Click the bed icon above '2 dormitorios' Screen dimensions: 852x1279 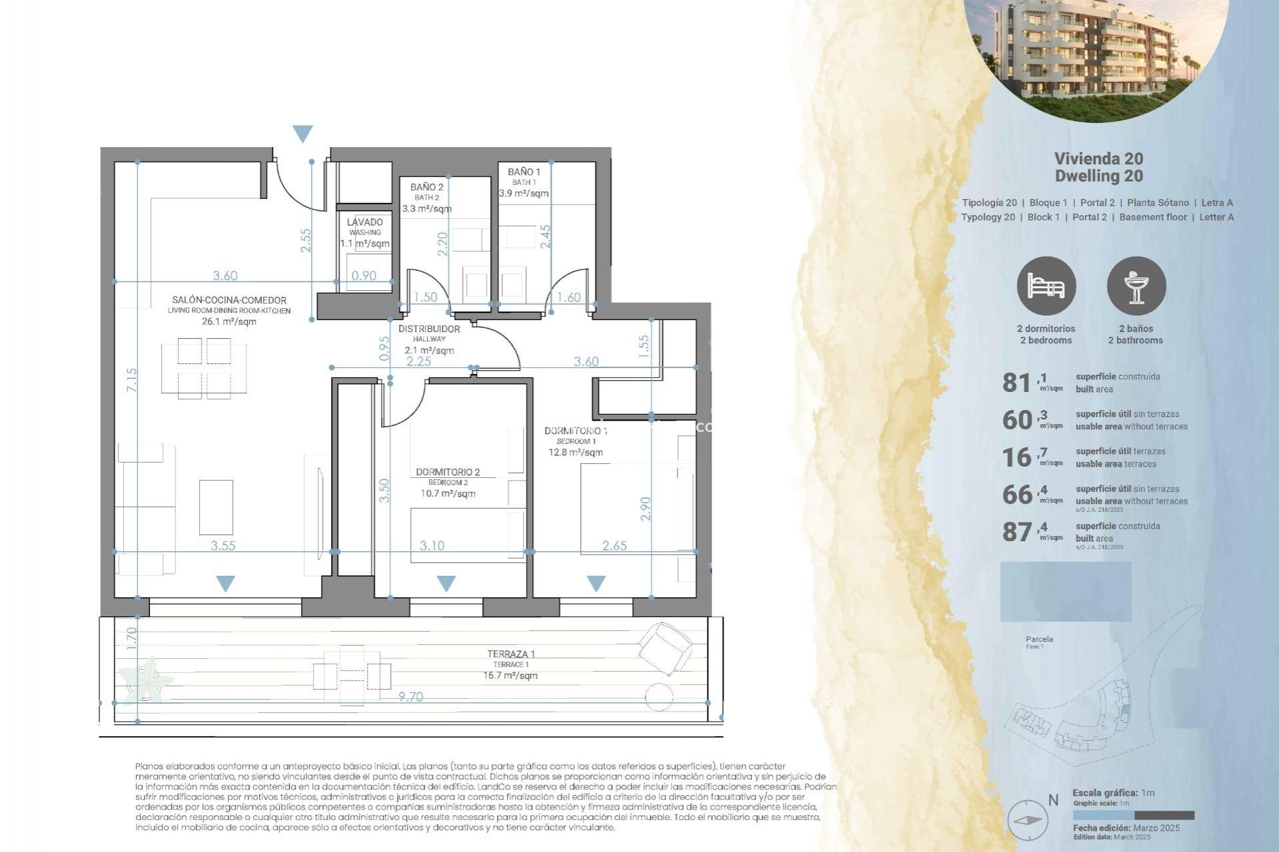pyautogui.click(x=1046, y=286)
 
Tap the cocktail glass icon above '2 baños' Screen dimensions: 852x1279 pyautogui.click(x=1136, y=286)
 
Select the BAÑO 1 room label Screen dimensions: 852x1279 pyautogui.click(x=524, y=172)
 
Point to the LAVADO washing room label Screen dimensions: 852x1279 pyautogui.click(x=365, y=222)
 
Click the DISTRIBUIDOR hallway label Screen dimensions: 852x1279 pyautogui.click(x=429, y=329)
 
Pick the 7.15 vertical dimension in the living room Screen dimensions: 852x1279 pyautogui.click(x=132, y=379)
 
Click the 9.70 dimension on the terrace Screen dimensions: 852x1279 pyautogui.click(x=410, y=697)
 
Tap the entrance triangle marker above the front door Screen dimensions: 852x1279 pyautogui.click(x=302, y=133)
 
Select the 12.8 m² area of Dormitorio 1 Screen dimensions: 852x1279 pyautogui.click(x=576, y=453)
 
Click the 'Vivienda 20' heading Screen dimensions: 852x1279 pyautogui.click(x=1098, y=158)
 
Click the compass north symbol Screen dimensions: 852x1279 pyautogui.click(x=1027, y=821)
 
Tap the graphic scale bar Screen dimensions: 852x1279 pyautogui.click(x=1133, y=815)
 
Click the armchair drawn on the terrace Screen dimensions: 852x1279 pyautogui.click(x=665, y=647)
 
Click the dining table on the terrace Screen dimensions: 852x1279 pyautogui.click(x=352, y=676)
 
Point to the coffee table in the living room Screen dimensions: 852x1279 pyautogui.click(x=216, y=507)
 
